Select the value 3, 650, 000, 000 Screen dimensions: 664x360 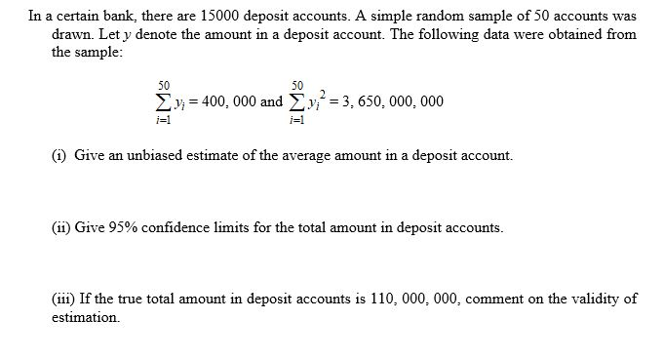387,101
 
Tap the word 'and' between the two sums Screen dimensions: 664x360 273,101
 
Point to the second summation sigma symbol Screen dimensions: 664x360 295,101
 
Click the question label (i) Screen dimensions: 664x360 59,156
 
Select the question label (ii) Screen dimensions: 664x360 60,227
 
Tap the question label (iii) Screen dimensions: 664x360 62,300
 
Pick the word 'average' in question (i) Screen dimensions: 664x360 307,156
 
